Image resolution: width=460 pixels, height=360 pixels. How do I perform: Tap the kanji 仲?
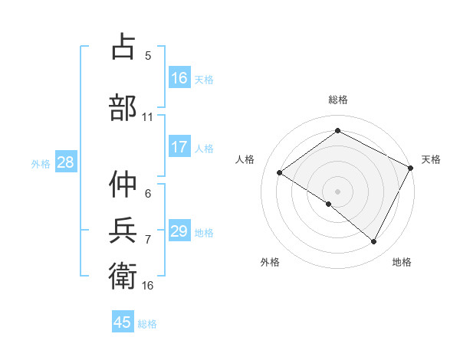pos(123,184)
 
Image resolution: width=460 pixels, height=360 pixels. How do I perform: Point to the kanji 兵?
pos(123,229)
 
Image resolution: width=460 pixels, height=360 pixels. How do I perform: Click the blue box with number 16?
pos(179,77)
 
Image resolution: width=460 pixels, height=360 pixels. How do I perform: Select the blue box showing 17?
pos(179,147)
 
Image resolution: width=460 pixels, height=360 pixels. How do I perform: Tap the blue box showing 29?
pos(179,231)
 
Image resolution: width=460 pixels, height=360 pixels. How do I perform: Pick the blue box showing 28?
pos(65,162)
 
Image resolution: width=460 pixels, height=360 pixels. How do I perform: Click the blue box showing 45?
pos(123,322)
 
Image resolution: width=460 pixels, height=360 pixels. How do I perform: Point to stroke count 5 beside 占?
pos(148,55)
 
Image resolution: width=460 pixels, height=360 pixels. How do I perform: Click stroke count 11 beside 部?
pos(148,116)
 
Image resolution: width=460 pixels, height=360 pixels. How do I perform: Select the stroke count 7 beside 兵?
pos(148,239)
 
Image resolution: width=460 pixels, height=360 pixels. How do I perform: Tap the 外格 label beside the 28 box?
pos(41,163)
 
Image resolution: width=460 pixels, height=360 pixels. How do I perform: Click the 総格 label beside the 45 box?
pos(147,323)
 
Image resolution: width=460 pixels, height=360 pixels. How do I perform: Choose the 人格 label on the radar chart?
pos(245,159)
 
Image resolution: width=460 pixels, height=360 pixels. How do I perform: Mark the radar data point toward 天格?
pos(410,169)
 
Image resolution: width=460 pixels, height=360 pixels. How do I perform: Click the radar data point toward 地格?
pos(374,242)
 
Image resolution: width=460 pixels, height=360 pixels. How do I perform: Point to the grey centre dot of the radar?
pos(337,191)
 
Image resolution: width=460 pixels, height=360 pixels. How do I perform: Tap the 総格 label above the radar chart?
pos(338,100)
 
